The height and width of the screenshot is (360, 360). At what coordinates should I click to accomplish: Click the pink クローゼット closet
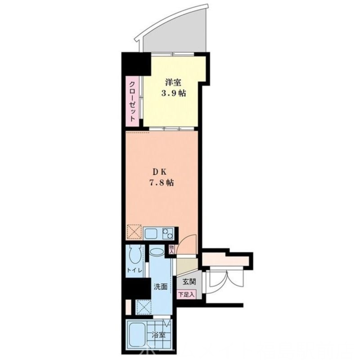click(133, 101)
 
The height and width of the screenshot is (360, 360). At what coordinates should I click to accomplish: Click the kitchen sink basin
click(150, 234)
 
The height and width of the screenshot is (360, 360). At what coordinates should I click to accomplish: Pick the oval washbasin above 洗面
click(157, 252)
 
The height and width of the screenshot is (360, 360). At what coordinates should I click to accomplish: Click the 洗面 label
click(161, 286)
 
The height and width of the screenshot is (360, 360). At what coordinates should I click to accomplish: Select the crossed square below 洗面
click(144, 307)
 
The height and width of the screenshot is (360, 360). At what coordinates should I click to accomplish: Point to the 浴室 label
click(158, 335)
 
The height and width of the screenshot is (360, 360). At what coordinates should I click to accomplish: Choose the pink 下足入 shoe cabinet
click(187, 295)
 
